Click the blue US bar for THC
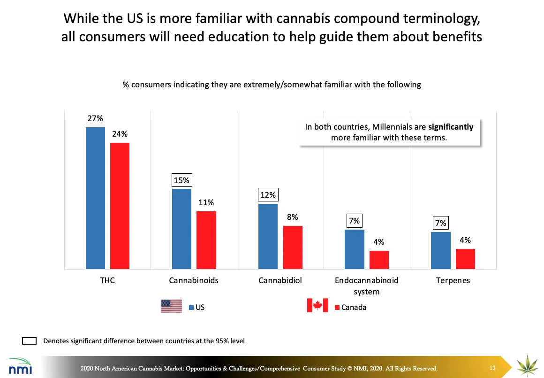pos(95,198)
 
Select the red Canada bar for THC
pos(120,206)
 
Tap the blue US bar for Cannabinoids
pos(181,229)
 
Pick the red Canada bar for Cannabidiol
pos(293,247)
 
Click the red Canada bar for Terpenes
pos(465,259)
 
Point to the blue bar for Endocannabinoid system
pos(354,249)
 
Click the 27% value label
pos(95,119)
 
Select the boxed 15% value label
pos(181,180)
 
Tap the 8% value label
pos(293,217)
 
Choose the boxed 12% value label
pos(268,195)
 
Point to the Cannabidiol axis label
pos(280,281)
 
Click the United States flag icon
pos(171,306)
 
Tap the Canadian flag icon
pos(317,306)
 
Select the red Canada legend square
pos(337,308)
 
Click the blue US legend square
pos(191,308)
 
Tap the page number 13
pos(492,367)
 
